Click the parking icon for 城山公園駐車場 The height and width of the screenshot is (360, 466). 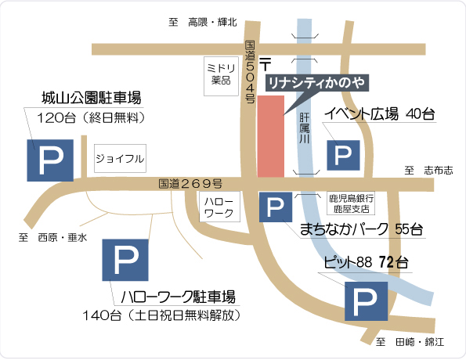[x=51, y=159]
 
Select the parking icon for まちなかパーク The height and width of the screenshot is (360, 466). [x=275, y=207]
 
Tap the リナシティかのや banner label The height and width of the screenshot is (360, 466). [x=316, y=81]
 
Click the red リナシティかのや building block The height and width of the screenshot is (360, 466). [x=271, y=135]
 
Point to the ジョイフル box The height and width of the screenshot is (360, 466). [x=120, y=159]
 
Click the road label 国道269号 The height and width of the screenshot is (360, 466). [x=190, y=184]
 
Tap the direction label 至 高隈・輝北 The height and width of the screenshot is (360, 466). [x=203, y=23]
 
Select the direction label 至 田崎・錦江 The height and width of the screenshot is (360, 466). [x=410, y=342]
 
